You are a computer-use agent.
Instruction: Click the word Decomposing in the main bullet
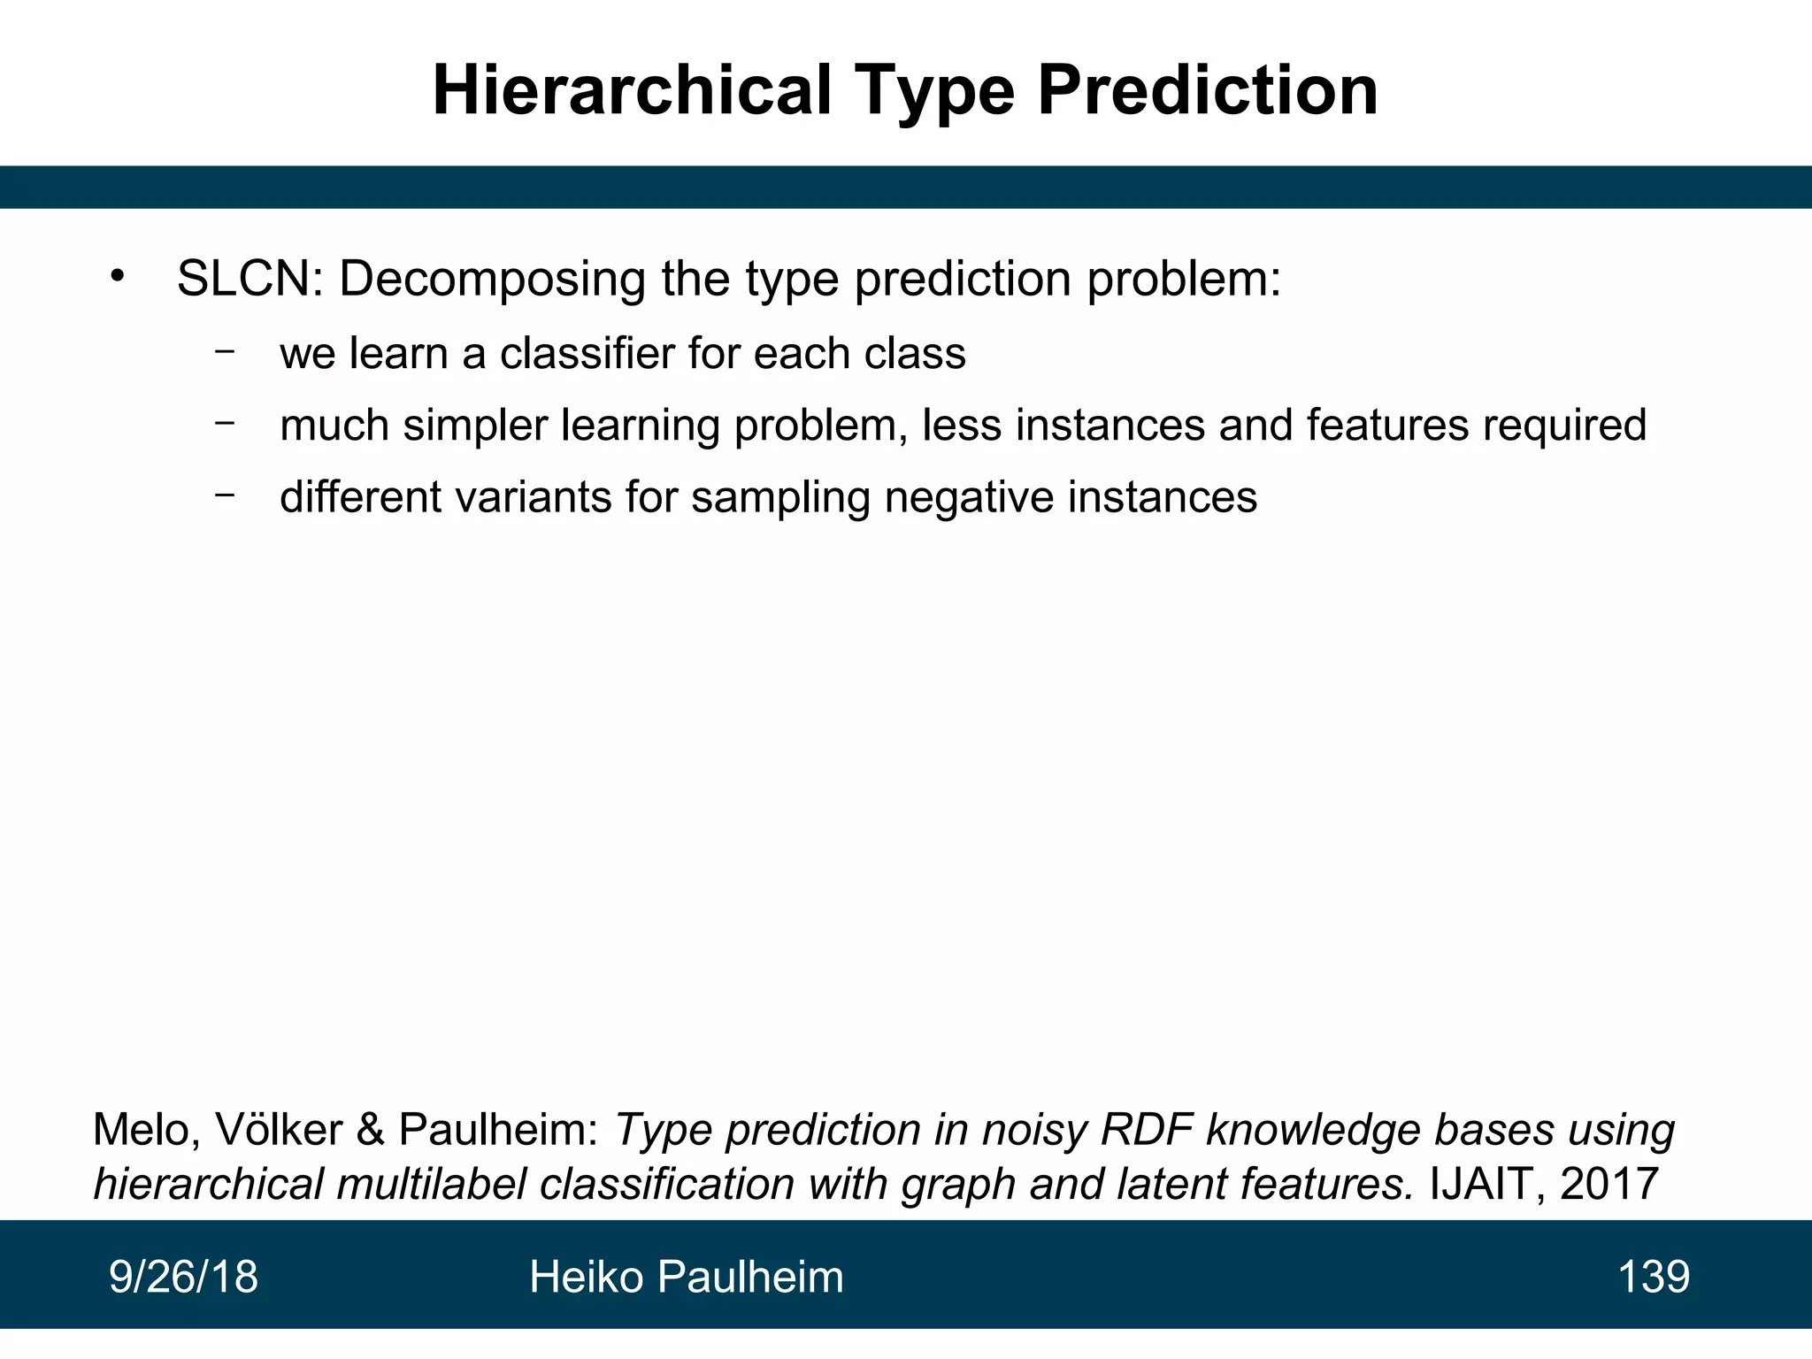click(492, 279)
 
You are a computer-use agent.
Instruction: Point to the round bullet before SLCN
click(118, 277)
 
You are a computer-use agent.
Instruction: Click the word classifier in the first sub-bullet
click(587, 353)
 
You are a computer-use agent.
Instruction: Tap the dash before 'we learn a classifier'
click(225, 351)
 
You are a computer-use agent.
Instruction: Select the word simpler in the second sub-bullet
click(476, 425)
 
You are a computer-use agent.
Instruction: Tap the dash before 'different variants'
click(225, 495)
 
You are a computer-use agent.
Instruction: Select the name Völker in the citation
click(279, 1130)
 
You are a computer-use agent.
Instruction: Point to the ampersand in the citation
click(371, 1130)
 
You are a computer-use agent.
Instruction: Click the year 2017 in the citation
click(1609, 1184)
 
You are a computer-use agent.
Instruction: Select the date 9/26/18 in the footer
click(183, 1277)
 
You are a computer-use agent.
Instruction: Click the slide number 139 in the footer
click(1653, 1277)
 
